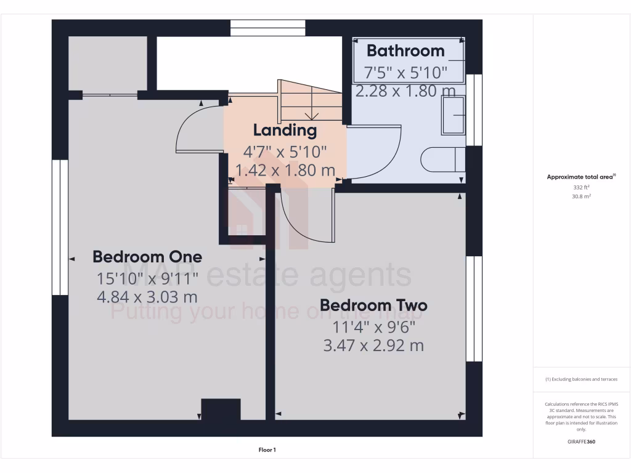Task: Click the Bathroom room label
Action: tap(405, 51)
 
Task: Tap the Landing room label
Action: tap(285, 130)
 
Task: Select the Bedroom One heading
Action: tap(147, 256)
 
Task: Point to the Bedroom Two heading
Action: tap(373, 305)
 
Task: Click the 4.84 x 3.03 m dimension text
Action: tap(147, 297)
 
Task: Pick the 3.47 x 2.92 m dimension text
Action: tap(373, 346)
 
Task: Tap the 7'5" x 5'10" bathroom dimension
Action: tap(405, 73)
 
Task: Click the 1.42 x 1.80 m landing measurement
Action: tap(285, 170)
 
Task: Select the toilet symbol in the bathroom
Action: tap(442, 160)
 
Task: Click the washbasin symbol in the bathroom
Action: tap(453, 118)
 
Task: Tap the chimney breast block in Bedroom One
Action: tap(221, 410)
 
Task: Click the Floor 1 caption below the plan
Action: tap(267, 450)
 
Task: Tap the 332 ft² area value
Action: tap(581, 187)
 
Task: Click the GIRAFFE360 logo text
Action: tap(581, 442)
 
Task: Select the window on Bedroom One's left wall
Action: tap(60, 227)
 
